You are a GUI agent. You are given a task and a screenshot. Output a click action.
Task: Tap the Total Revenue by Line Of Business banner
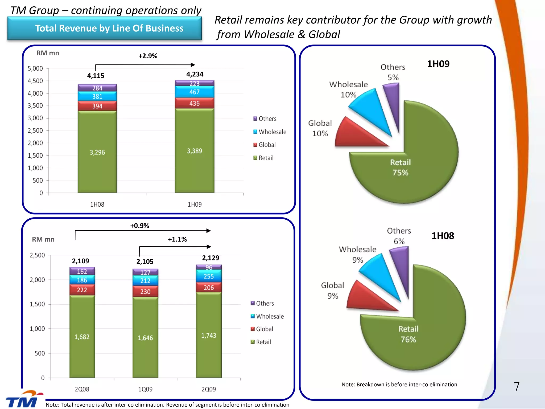[104, 28]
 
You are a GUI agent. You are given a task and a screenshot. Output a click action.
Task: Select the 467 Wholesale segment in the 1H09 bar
[195, 92]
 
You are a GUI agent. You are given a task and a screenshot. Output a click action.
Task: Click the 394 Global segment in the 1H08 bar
[97, 106]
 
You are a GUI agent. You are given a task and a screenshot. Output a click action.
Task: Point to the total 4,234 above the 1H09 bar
[195, 74]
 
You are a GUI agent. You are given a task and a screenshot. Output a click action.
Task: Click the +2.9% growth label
[148, 56]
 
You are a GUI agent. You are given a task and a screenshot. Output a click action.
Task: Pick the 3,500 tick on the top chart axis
[35, 106]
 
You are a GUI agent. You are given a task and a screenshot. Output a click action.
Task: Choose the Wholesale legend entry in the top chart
[270, 132]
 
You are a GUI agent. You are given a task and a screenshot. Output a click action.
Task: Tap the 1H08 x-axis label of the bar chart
[97, 204]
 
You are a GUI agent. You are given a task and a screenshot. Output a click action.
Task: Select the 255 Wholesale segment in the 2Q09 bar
[209, 276]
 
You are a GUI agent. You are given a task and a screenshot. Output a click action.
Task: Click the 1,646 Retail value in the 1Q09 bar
[145, 338]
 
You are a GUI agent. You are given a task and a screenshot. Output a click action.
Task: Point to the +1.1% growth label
[177, 239]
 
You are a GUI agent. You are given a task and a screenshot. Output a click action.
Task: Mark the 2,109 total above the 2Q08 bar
[81, 261]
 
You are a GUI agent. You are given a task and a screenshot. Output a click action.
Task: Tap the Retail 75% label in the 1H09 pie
[400, 167]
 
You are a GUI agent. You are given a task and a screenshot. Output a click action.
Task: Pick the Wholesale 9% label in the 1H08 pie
[357, 255]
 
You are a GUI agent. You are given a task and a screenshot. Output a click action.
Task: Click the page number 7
[516, 386]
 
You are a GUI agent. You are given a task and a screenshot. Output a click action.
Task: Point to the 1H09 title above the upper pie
[438, 64]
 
